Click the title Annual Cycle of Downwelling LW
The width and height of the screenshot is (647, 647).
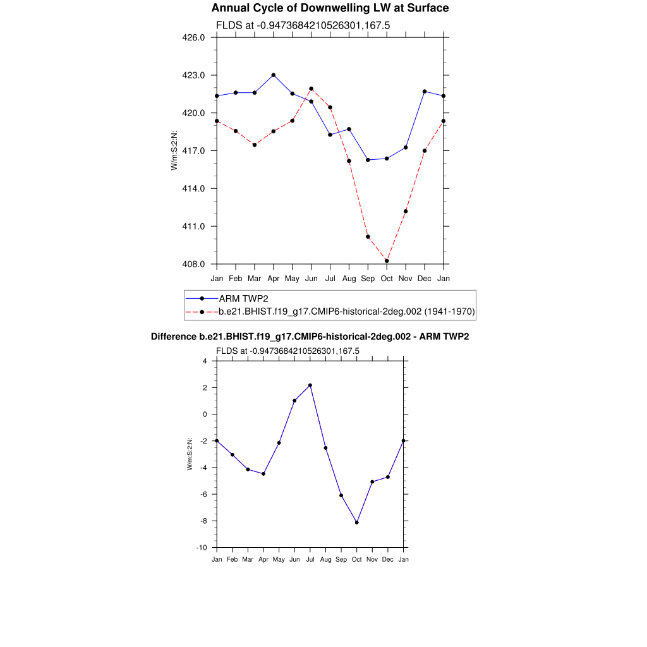330,8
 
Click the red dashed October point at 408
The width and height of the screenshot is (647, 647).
387,261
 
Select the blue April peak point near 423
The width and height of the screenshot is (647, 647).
273,75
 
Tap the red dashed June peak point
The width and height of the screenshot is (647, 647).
311,88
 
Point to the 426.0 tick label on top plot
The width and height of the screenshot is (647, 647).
193,37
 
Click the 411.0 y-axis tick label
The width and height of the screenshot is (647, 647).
193,226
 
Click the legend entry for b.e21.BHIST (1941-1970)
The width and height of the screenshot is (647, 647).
346,311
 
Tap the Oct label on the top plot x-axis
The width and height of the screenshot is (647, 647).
387,279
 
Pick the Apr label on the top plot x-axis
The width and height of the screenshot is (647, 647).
273,279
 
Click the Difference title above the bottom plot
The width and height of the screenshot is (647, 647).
310,337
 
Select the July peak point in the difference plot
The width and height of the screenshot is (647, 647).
310,385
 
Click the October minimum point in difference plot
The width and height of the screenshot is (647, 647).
357,523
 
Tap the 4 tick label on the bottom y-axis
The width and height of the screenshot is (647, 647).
204,361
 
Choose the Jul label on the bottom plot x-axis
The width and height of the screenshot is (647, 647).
310,560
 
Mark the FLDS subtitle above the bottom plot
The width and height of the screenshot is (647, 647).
287,351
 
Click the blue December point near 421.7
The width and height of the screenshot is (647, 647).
425,92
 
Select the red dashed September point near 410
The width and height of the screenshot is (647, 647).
368,237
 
